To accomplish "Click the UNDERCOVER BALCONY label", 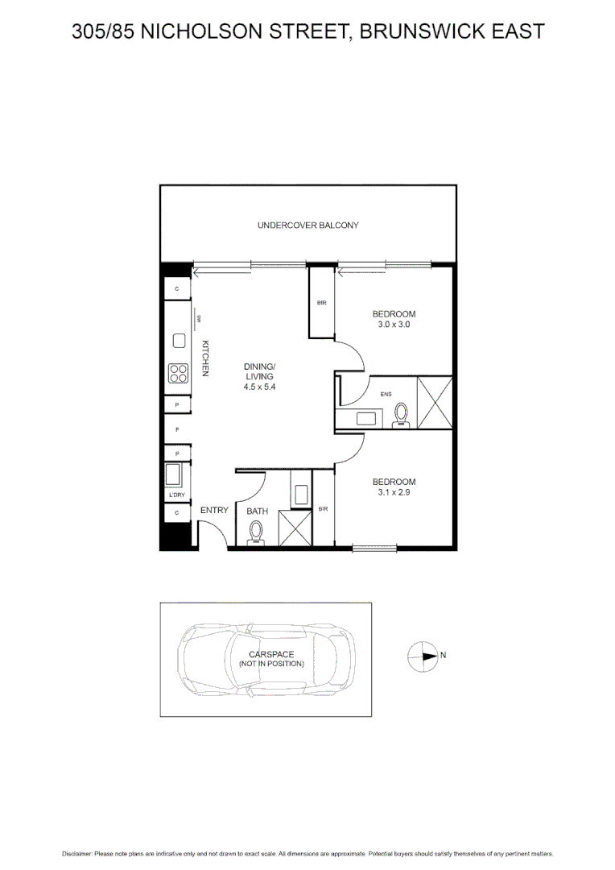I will click(307, 226).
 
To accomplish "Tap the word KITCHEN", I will click(205, 358).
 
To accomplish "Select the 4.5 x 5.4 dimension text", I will click(259, 387).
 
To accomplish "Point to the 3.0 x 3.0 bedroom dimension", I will click(394, 325).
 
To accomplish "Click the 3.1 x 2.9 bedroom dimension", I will click(394, 493).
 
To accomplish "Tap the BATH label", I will click(257, 511).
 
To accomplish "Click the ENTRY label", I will click(214, 510).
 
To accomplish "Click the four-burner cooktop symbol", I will click(178, 373).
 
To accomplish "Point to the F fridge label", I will click(177, 429).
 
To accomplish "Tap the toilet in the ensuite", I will click(402, 414).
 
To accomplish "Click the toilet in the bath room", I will click(257, 532).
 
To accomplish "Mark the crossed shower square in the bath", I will click(295, 529).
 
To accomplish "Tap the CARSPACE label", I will click(271, 654).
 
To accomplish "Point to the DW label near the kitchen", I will click(197, 319).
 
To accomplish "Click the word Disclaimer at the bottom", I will click(77, 853).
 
